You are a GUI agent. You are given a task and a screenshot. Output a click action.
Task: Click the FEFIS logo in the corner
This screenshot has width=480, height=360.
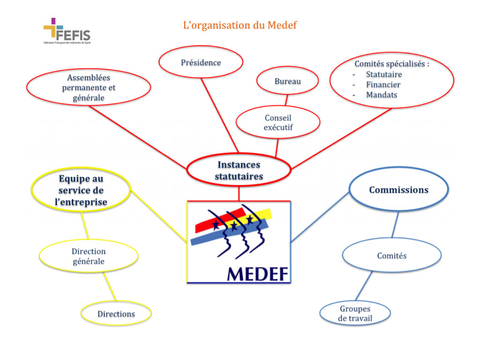pyautogui.click(x=67, y=31)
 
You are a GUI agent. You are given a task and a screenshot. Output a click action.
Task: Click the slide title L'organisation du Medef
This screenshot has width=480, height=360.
pyautogui.click(x=240, y=25)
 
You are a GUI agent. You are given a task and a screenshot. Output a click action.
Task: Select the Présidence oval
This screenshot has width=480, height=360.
pyautogui.click(x=201, y=62)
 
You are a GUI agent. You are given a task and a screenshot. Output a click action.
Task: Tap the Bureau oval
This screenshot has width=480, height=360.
pyautogui.click(x=287, y=81)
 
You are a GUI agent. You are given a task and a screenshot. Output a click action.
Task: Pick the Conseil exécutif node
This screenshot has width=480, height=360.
pyautogui.click(x=277, y=122)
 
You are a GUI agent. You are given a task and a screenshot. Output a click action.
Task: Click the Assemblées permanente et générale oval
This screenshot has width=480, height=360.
pyautogui.click(x=89, y=88)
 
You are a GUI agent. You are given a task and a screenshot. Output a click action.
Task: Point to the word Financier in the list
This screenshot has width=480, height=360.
pyautogui.click(x=383, y=85)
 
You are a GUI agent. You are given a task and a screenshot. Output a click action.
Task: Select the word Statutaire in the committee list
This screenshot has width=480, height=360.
pyautogui.click(x=384, y=75)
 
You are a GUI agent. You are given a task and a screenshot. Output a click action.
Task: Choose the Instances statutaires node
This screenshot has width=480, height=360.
pyautogui.click(x=239, y=170)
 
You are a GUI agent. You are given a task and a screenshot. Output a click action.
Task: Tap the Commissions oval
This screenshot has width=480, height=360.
pyautogui.click(x=398, y=190)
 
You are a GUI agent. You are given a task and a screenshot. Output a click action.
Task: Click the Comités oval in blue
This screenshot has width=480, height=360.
pyautogui.click(x=391, y=256)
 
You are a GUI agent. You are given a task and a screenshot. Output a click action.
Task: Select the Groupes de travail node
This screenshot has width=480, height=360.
pyautogui.click(x=355, y=314)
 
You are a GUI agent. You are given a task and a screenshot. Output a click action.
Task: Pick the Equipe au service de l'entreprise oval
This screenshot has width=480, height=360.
pyautogui.click(x=81, y=190)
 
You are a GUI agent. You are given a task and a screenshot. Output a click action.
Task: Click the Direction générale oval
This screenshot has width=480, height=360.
pyautogui.click(x=88, y=256)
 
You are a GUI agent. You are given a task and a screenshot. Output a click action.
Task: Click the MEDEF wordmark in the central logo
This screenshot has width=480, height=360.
pyautogui.click(x=257, y=273)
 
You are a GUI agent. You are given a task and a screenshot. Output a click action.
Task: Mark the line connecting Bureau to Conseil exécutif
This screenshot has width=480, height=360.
pyautogui.click(x=286, y=99)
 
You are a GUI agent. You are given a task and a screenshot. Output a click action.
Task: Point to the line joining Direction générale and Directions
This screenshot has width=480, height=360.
pyautogui.click(x=109, y=287)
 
